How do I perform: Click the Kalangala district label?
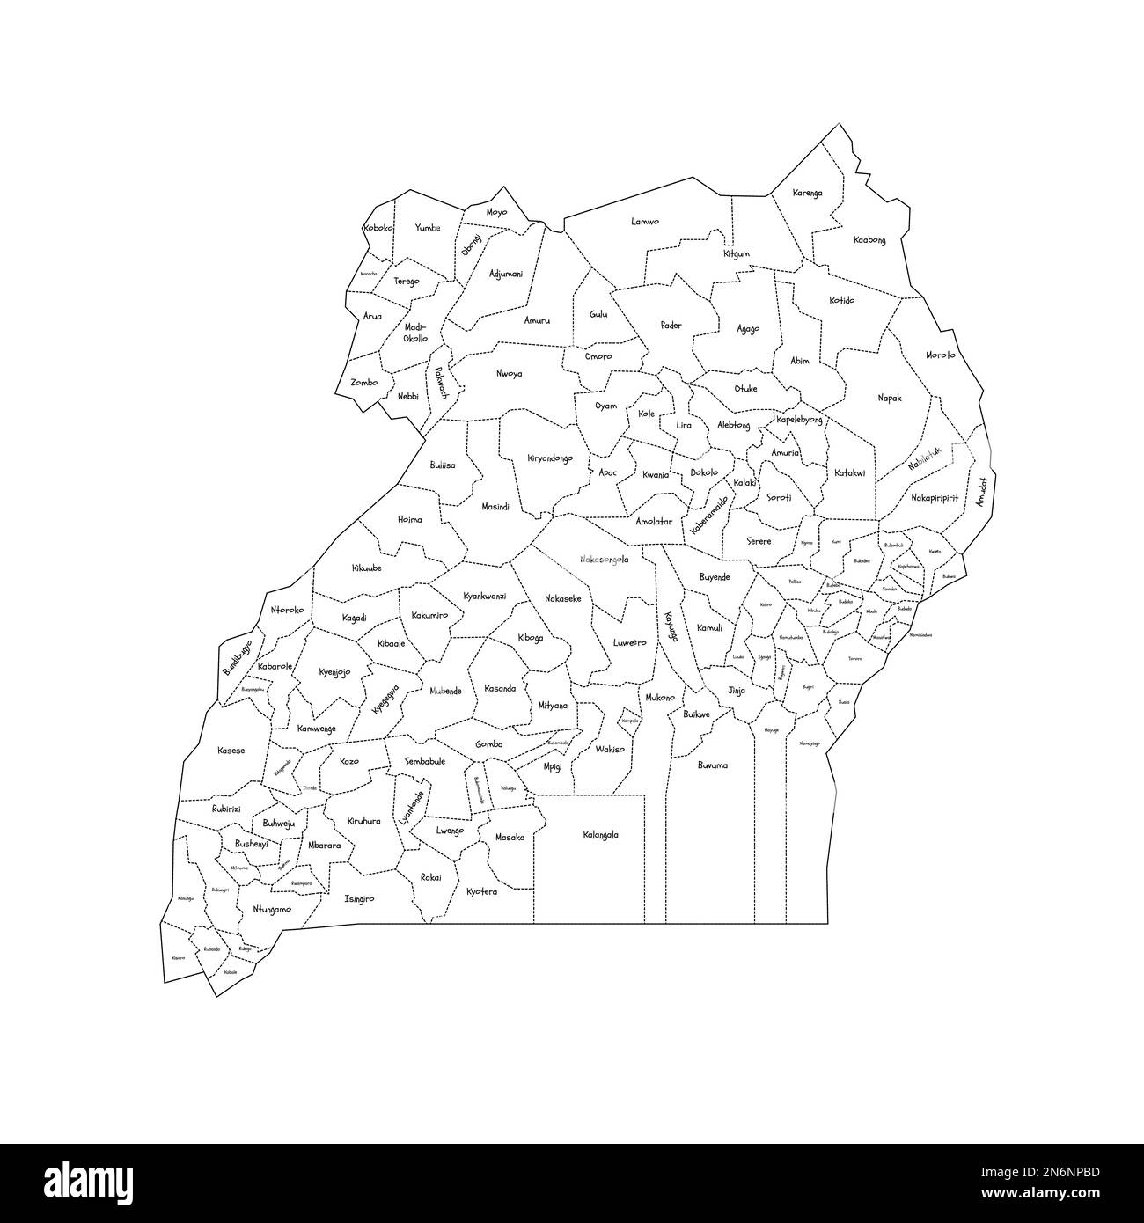600,835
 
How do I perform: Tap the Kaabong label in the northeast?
869,240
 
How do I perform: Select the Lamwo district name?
645,222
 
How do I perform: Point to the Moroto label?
940,355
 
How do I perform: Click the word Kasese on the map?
231,751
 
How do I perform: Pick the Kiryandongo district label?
550,458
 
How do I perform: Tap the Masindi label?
496,507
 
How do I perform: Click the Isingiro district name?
359,899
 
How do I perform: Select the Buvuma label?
712,765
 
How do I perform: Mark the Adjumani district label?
505,274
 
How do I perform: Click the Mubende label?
445,691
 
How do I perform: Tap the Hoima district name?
410,519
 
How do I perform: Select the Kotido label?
841,301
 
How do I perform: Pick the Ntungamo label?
271,909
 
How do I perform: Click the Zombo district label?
363,383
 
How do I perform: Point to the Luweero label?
629,642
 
